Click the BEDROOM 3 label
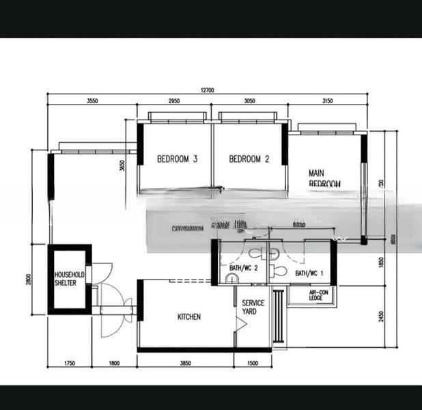[177, 159]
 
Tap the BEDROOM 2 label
[249, 159]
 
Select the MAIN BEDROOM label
[324, 178]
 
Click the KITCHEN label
[189, 317]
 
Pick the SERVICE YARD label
[253, 307]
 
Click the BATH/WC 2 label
[243, 268]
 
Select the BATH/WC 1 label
[309, 273]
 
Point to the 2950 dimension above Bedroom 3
[174, 100]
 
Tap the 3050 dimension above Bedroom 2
[249, 100]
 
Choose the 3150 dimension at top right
[326, 100]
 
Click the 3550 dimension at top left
[92, 100]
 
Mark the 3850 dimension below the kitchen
[186, 364]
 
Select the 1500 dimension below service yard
[253, 364]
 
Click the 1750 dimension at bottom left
[68, 364]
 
